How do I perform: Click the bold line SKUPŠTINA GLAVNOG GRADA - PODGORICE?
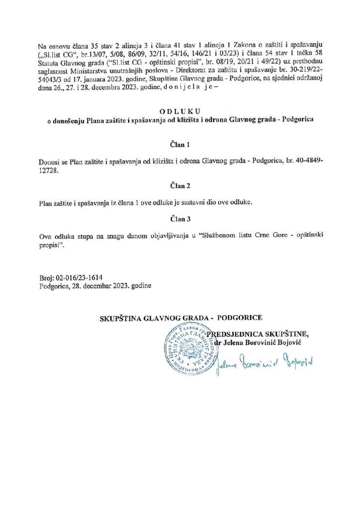point(181,317)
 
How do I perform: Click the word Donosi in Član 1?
point(48,162)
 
